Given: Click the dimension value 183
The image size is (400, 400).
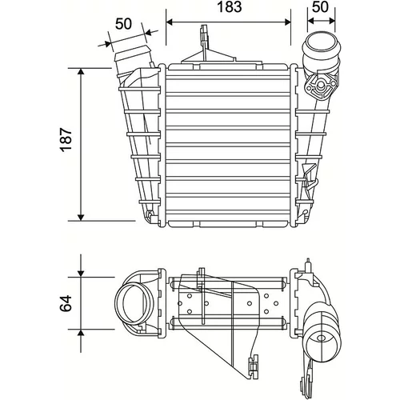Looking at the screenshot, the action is click(x=230, y=7).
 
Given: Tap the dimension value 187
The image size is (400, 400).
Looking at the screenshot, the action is click(x=66, y=140).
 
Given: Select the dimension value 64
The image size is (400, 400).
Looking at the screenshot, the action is click(x=66, y=303).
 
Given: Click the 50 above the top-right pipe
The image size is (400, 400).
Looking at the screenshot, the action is click(x=320, y=7).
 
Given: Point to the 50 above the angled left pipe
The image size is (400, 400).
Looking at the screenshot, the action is click(x=123, y=24).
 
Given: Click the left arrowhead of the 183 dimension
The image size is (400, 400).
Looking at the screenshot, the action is click(x=170, y=22).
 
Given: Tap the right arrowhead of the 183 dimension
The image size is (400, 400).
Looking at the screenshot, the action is click(x=287, y=22).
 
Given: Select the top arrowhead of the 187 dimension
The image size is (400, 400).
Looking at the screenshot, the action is click(x=81, y=71).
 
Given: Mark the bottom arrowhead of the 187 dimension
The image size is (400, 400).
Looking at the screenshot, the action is click(x=81, y=218).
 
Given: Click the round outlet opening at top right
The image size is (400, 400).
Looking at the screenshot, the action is click(x=321, y=44).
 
